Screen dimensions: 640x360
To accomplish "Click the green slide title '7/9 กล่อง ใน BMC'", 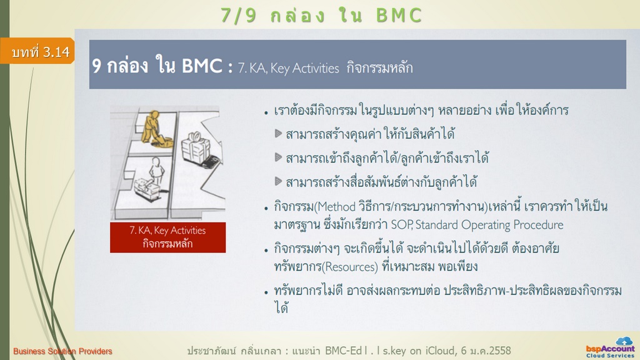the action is [321, 16].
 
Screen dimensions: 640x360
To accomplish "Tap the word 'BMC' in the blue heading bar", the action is [202, 66].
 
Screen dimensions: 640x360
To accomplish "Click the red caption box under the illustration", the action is [167, 237].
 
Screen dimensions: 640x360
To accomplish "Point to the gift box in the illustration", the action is [196, 147].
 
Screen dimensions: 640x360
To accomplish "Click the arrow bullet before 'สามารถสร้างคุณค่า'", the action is [278, 134].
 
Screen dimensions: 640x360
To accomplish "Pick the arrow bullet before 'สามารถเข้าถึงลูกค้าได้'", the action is [278, 157].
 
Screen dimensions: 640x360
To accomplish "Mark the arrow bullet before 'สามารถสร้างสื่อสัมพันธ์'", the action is [278, 181].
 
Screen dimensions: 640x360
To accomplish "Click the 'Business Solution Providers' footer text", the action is [63, 351].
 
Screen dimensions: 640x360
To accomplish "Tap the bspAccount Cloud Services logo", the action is [611, 347].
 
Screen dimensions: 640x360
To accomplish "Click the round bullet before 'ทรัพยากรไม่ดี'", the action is [266, 292].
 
